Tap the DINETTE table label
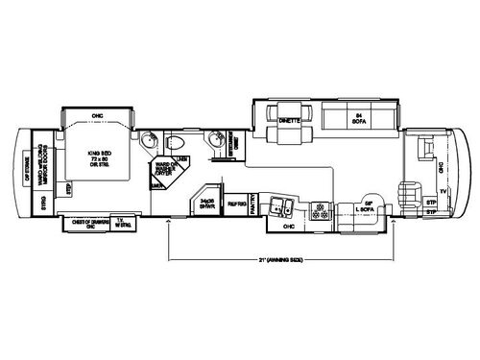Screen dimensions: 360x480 pyautogui.click(x=289, y=121)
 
